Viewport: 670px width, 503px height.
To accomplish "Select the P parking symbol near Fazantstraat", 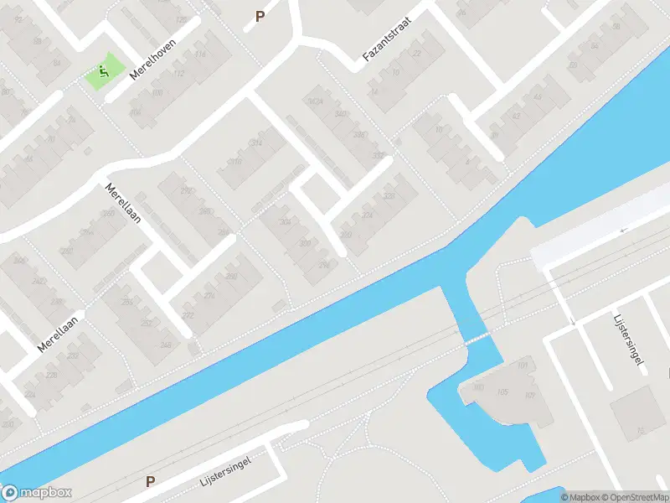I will [x=260, y=16].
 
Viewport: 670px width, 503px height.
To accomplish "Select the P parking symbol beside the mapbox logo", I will [x=151, y=481].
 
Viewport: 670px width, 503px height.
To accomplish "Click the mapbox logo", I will [x=37, y=493].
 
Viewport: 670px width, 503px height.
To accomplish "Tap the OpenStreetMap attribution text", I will [x=636, y=497].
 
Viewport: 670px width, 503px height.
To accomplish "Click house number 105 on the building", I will [x=502, y=392].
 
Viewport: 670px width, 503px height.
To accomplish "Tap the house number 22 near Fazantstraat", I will [x=416, y=54].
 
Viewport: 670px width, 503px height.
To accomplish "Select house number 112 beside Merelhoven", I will [x=180, y=73].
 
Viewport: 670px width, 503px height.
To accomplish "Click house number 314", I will [x=255, y=143].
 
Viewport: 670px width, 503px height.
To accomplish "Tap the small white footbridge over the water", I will [x=478, y=339].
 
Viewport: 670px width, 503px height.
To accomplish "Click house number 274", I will [x=209, y=295].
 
